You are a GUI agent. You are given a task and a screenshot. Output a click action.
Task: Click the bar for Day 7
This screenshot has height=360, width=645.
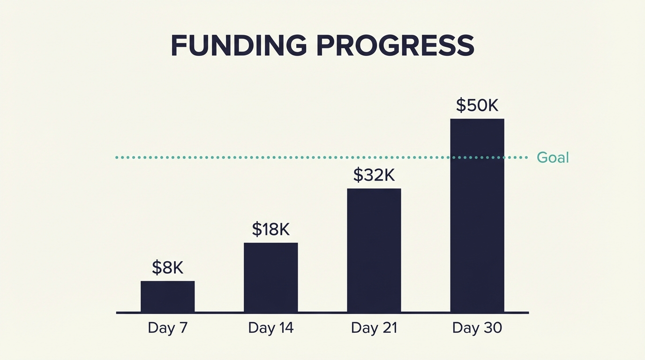pyautogui.click(x=167, y=296)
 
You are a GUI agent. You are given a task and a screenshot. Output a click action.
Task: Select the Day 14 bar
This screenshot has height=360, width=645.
pyautogui.click(x=270, y=277)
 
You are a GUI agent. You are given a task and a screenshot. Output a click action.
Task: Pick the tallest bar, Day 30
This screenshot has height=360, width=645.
pyautogui.click(x=477, y=215)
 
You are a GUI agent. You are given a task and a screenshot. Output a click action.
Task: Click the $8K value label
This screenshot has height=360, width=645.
pyautogui.click(x=167, y=268)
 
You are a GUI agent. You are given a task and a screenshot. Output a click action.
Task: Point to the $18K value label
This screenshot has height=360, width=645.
pyautogui.click(x=270, y=229)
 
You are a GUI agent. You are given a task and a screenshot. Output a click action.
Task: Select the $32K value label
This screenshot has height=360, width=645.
pyautogui.click(x=374, y=175)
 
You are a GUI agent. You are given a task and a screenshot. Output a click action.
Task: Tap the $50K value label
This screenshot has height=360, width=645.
pyautogui.click(x=477, y=105)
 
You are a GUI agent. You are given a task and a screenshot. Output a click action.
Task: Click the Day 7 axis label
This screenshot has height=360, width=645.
pyautogui.click(x=167, y=328)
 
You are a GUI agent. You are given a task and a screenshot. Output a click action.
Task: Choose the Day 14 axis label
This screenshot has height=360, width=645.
pyautogui.click(x=270, y=328)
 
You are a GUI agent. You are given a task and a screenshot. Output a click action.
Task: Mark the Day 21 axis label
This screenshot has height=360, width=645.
pyautogui.click(x=374, y=328)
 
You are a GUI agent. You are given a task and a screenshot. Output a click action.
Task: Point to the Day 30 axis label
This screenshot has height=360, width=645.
pyautogui.click(x=477, y=328)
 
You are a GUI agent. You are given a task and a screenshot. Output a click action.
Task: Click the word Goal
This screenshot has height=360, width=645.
pyautogui.click(x=553, y=157)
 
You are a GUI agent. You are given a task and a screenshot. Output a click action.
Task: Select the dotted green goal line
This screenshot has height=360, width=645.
pyautogui.click(x=281, y=157)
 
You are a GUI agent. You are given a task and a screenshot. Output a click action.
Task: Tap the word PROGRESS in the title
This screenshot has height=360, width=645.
pyautogui.click(x=395, y=46)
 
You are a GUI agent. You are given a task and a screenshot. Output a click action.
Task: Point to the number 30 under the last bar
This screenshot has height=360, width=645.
pyautogui.click(x=492, y=328)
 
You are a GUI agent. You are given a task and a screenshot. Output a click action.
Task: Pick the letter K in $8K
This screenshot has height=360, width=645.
pyautogui.click(x=177, y=268)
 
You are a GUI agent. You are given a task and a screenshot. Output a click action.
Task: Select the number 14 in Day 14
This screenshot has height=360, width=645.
pyautogui.click(x=285, y=328)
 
